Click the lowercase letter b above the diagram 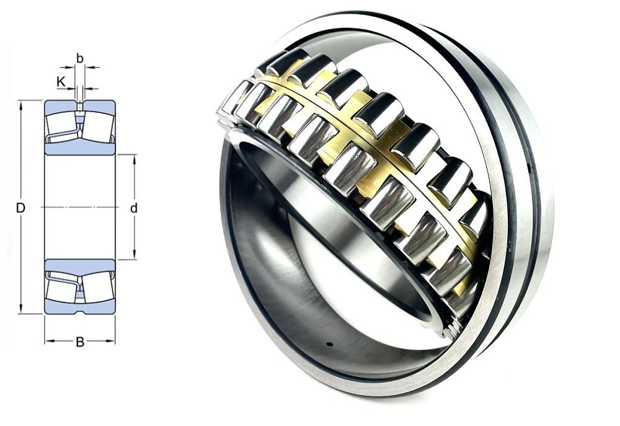click(79, 58)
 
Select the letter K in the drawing click(61, 81)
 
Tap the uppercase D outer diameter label click(20, 208)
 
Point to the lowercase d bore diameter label click(133, 208)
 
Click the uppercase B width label click(79, 342)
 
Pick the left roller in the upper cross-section click(63, 127)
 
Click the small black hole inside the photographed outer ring click(329, 344)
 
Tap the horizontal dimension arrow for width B click(62, 342)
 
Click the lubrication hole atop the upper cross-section click(79, 104)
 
